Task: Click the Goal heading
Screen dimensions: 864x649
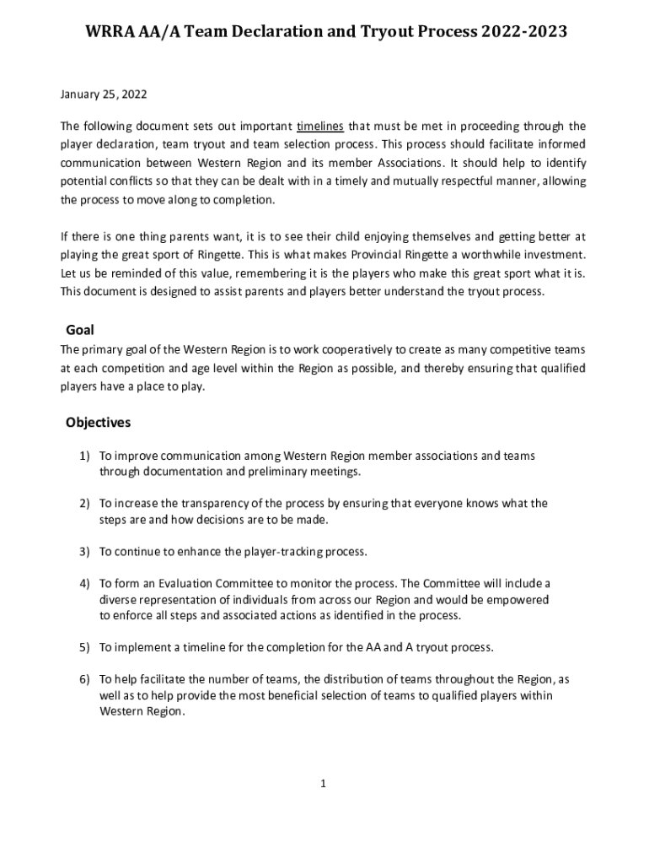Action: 80,331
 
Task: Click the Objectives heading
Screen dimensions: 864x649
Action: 98,422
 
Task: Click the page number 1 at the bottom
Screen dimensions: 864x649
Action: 323,784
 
